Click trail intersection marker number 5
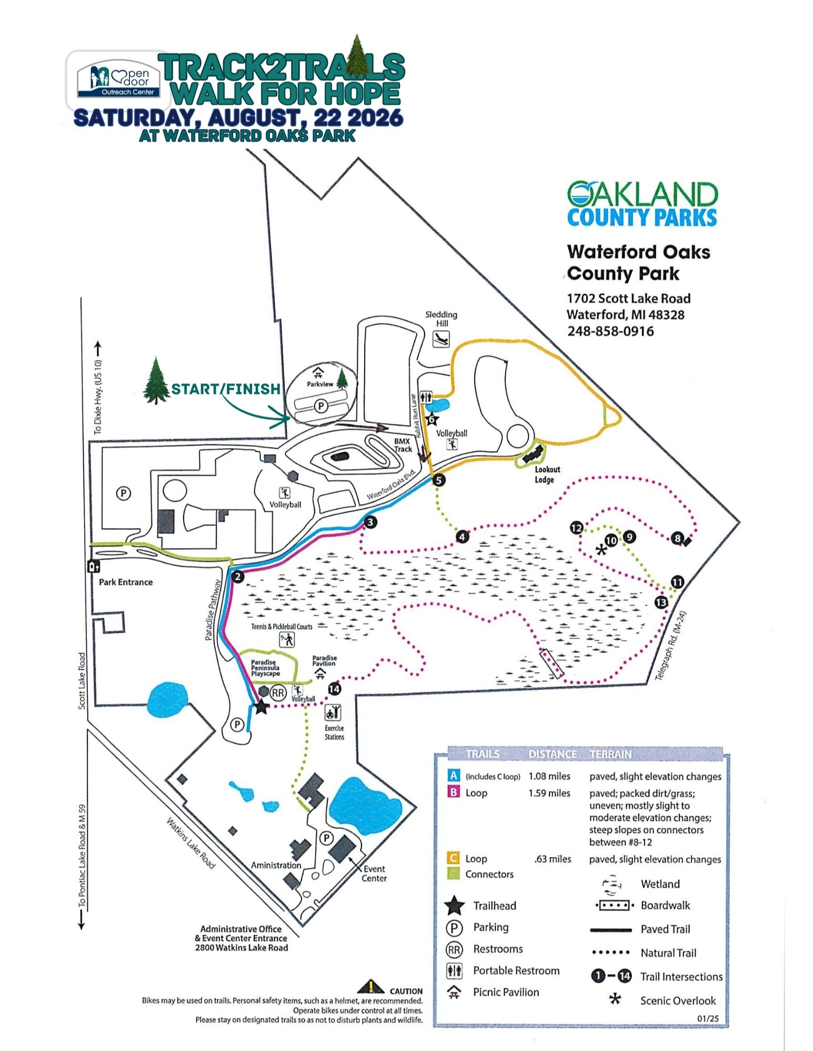coord(438,480)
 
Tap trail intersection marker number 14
coord(334,689)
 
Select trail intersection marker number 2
coord(238,577)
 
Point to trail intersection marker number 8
coord(677,538)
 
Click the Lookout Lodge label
coord(547,474)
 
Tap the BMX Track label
coord(403,445)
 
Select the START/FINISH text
coord(226,389)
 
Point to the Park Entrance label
coord(126,582)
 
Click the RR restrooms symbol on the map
coord(278,693)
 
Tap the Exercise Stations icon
coord(334,713)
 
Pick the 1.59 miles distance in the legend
coord(549,793)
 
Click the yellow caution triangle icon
coord(370,987)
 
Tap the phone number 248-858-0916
coord(610,331)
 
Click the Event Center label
coord(374,873)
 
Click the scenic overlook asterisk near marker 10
coord(600,550)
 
